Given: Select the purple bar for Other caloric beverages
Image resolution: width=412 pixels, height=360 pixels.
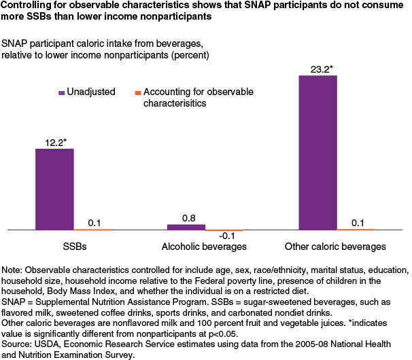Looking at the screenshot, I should (x=318, y=153).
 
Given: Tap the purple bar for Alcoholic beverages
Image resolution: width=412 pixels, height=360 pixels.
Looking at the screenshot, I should (x=186, y=227).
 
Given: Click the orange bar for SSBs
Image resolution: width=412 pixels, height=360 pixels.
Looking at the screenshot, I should (x=92, y=230).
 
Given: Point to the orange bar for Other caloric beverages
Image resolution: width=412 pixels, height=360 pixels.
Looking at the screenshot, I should (x=356, y=230).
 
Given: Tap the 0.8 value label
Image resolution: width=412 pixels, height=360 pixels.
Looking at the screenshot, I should (x=186, y=217).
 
